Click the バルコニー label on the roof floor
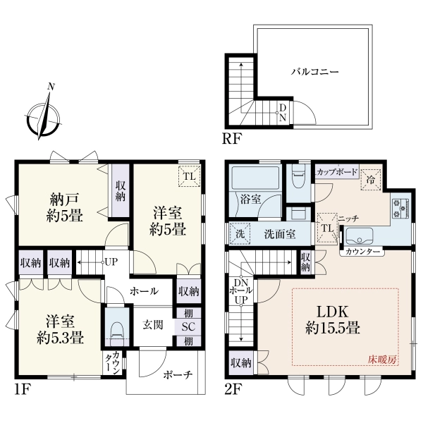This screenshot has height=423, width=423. click(314, 72)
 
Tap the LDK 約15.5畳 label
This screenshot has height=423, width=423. click(333, 320)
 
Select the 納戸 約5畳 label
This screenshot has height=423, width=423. click(64, 207)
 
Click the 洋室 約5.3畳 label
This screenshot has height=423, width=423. click(60, 329)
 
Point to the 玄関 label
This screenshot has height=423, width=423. click(153, 325)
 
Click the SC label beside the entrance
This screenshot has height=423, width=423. click(188, 327)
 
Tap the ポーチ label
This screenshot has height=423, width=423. click(178, 375)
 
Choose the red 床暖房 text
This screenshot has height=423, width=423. click(383, 360)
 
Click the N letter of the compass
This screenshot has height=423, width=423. click(51, 87)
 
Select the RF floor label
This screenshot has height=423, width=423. click(231, 139)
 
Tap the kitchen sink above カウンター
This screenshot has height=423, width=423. click(359, 236)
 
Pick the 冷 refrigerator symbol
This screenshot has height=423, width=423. click(371, 179)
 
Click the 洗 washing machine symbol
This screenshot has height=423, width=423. click(240, 234)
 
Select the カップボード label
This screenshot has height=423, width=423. click(337, 172)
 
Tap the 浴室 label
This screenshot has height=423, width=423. click(250, 200)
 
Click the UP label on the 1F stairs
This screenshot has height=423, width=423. click(111, 262)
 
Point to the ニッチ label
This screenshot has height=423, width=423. click(348, 219)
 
